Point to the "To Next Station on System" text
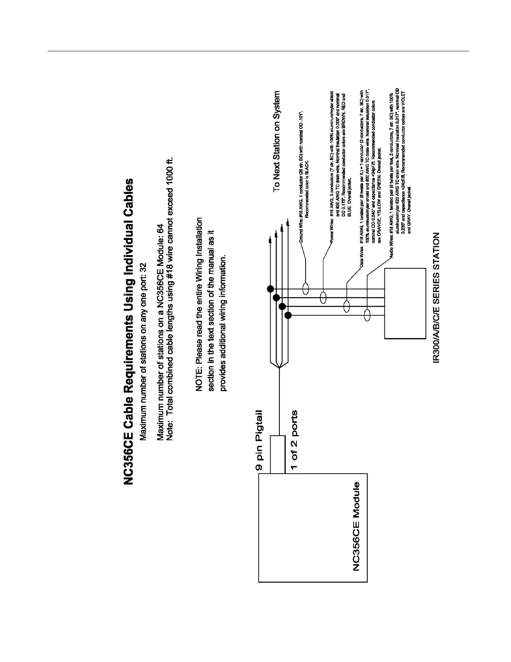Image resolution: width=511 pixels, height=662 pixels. coord(277,141)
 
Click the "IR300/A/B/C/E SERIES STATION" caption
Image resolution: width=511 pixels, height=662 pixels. coord(436,298)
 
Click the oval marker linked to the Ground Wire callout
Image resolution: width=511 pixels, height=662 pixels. coord(306,288)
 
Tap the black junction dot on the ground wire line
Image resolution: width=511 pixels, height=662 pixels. coord(271,289)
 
